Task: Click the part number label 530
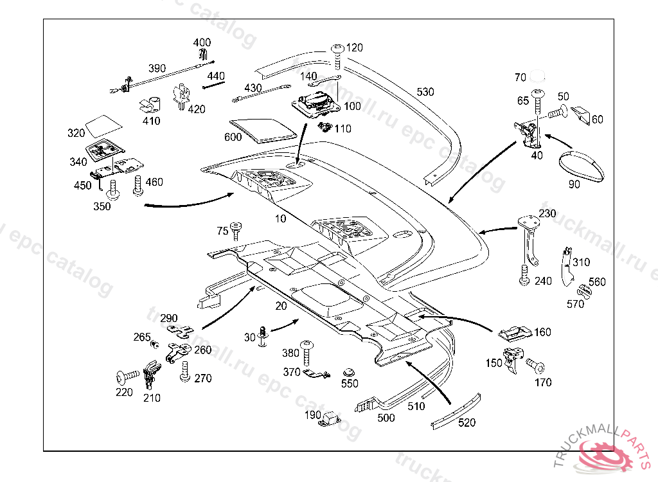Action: [x=425, y=92]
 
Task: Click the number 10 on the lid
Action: [x=281, y=219]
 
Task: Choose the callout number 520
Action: [x=467, y=422]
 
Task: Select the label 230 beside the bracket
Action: [x=547, y=213]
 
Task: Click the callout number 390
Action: [x=157, y=69]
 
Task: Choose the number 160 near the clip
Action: [x=542, y=332]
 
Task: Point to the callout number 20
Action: [x=281, y=306]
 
